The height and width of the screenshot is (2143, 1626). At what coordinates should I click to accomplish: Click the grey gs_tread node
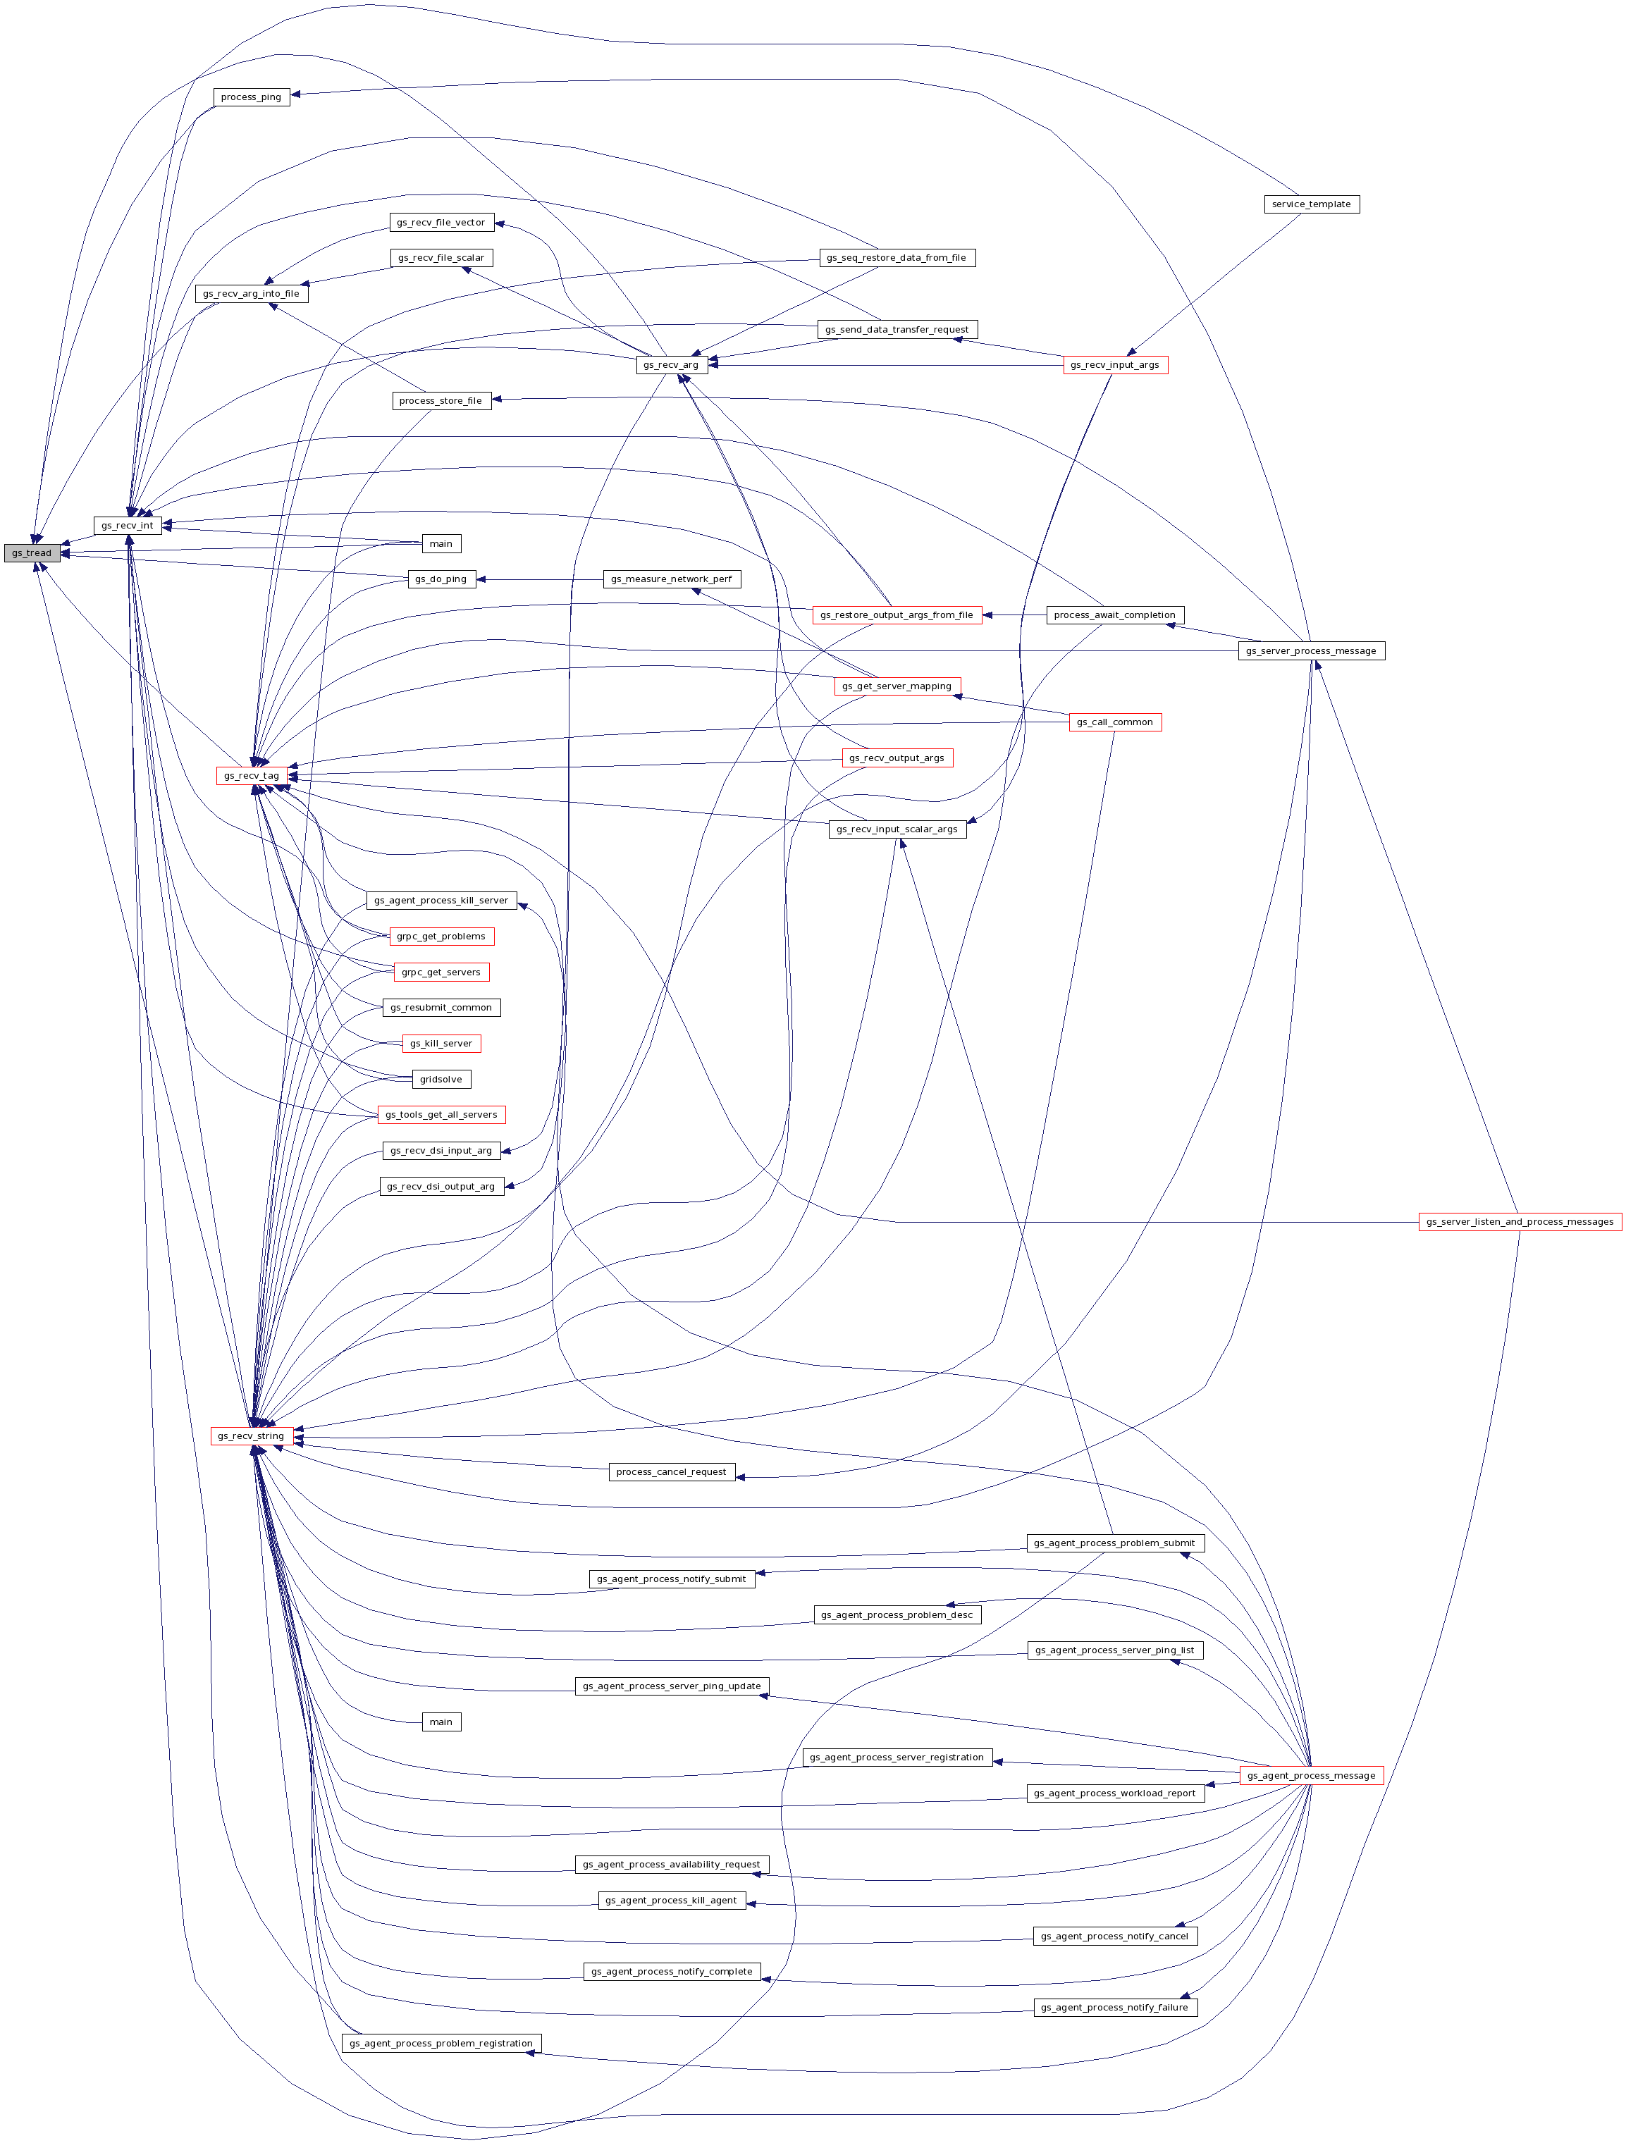[x=32, y=553]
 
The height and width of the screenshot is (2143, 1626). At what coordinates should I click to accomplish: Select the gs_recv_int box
[x=128, y=525]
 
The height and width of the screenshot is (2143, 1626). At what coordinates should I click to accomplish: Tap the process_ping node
[x=251, y=97]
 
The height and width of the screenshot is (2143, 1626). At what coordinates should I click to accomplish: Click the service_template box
[x=1311, y=204]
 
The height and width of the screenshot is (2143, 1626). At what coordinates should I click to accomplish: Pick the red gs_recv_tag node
[x=252, y=775]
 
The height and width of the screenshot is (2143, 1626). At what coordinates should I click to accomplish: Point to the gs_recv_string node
[x=251, y=1435]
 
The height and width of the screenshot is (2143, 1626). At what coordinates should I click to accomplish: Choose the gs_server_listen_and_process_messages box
[x=1520, y=1222]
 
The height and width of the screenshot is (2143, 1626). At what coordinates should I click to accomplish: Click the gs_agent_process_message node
[x=1311, y=1776]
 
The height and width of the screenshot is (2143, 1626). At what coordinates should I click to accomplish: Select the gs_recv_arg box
[x=670, y=365]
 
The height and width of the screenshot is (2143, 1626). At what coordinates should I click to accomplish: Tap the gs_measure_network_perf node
[x=672, y=579]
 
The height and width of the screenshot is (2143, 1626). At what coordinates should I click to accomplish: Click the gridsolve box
[x=441, y=1079]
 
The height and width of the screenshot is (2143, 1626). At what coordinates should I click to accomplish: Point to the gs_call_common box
[x=1114, y=722]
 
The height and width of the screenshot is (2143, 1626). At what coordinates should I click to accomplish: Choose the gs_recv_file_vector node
[x=441, y=223]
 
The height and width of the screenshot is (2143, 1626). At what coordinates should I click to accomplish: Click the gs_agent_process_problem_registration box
[x=441, y=2043]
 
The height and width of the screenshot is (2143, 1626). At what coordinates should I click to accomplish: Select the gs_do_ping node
[x=441, y=579]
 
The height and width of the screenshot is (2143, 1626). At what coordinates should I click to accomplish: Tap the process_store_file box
[x=441, y=401]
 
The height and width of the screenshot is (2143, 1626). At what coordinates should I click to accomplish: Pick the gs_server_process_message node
[x=1311, y=651]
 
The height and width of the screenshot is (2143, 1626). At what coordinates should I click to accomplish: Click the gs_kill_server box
[x=441, y=1044]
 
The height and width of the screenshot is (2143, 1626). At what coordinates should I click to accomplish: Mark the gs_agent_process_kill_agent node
[x=672, y=1900]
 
